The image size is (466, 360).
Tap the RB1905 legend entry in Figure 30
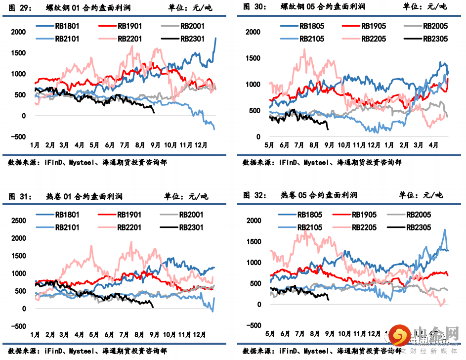(373, 26)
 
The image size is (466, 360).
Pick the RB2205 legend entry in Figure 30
(373, 39)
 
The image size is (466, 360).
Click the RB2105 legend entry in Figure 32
(309, 227)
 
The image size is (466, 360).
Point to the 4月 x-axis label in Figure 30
(433, 145)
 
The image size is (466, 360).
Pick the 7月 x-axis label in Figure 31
(125, 335)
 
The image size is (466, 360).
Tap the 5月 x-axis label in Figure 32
(270, 333)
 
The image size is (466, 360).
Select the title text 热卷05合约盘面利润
(318, 195)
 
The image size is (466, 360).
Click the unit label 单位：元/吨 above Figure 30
(424, 6)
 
